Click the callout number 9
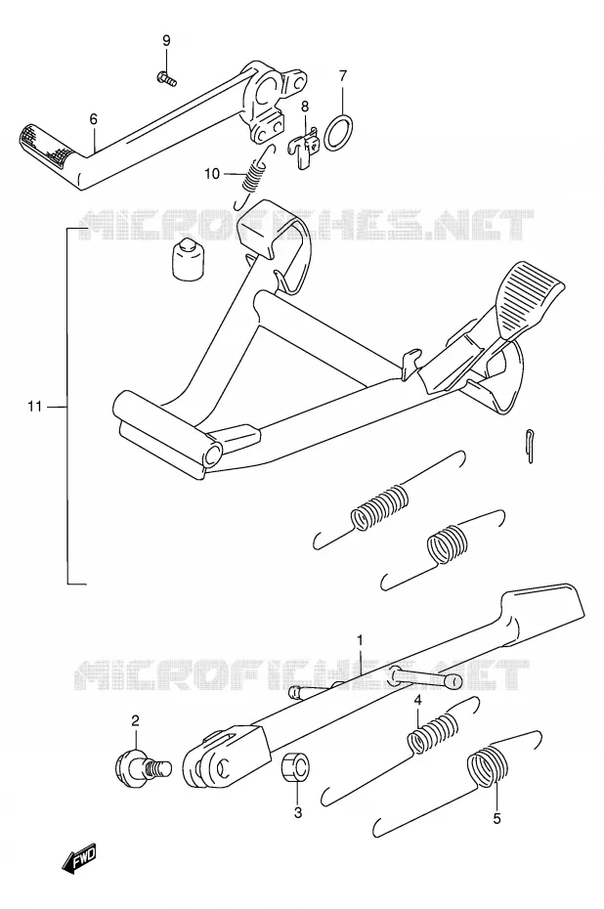point(166,41)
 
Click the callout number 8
point(305,107)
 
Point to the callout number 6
point(93,119)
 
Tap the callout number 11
point(35,407)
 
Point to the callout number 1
point(360,640)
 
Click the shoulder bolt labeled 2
point(142,767)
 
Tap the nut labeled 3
point(295,770)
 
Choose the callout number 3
point(298,813)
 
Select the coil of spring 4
point(433,733)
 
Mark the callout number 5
point(496,818)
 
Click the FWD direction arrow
point(79,859)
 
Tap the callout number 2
point(135,720)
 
